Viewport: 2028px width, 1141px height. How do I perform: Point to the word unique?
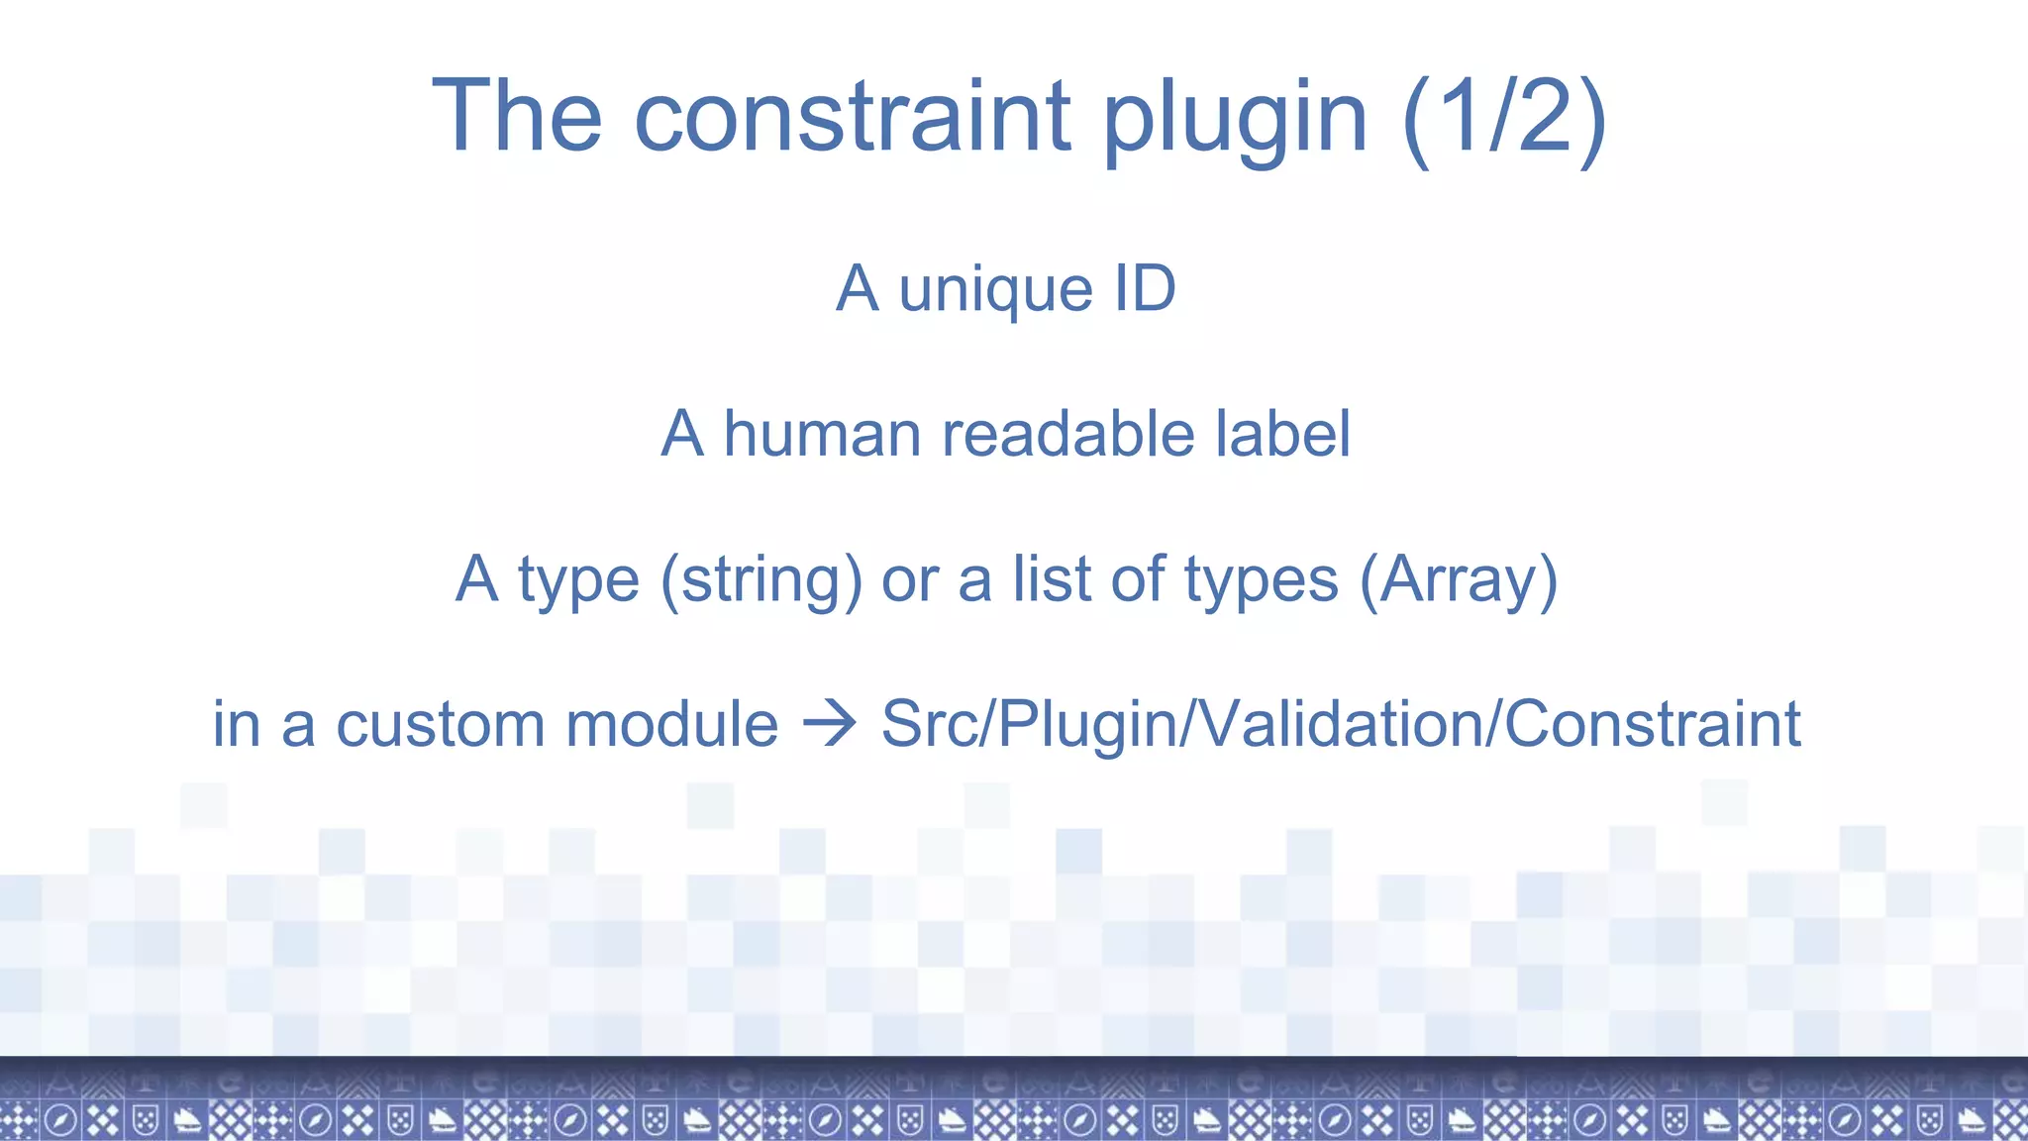pyautogui.click(x=995, y=291)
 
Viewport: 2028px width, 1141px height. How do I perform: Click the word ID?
pyautogui.click(x=1145, y=288)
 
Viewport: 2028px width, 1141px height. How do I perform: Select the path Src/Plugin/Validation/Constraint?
pyautogui.click(x=1340, y=724)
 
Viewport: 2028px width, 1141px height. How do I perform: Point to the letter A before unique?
pyautogui.click(x=857, y=288)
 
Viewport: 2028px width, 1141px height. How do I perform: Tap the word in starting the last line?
pyautogui.click(x=236, y=724)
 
